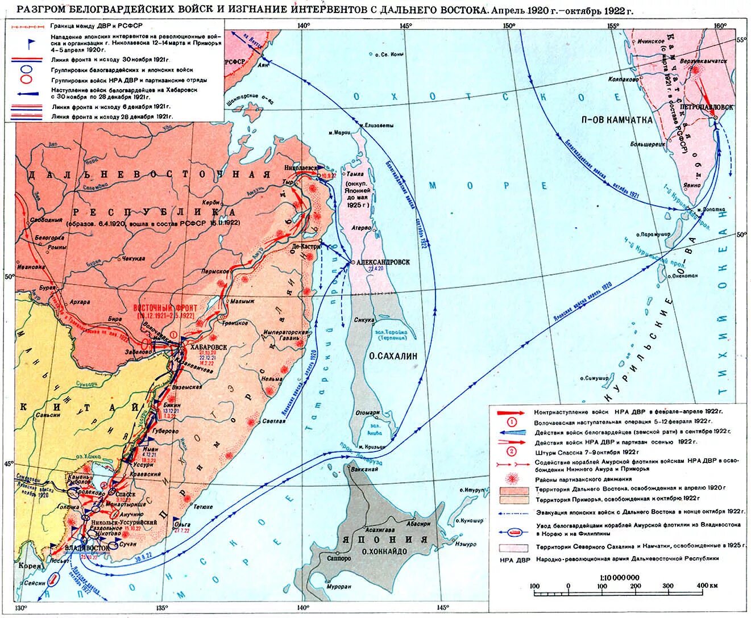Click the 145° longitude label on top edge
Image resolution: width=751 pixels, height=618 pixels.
(405, 26)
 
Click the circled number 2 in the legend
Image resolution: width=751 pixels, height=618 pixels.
(511, 452)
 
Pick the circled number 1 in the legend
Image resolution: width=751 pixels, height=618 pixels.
(511, 422)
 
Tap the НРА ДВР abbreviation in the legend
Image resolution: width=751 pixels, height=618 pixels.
(514, 559)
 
